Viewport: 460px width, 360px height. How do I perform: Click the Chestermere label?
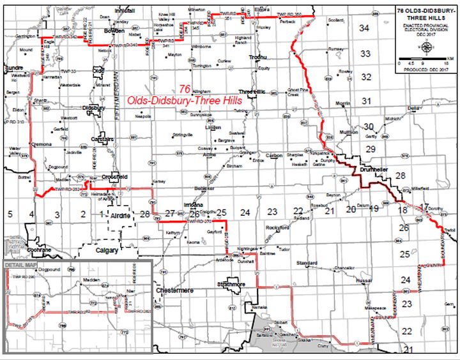pos(174,290)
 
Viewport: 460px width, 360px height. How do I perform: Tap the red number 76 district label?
pos(185,89)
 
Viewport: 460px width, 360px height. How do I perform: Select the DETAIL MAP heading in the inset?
pos(21,264)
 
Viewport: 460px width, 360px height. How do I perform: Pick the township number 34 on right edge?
pos(365,28)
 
